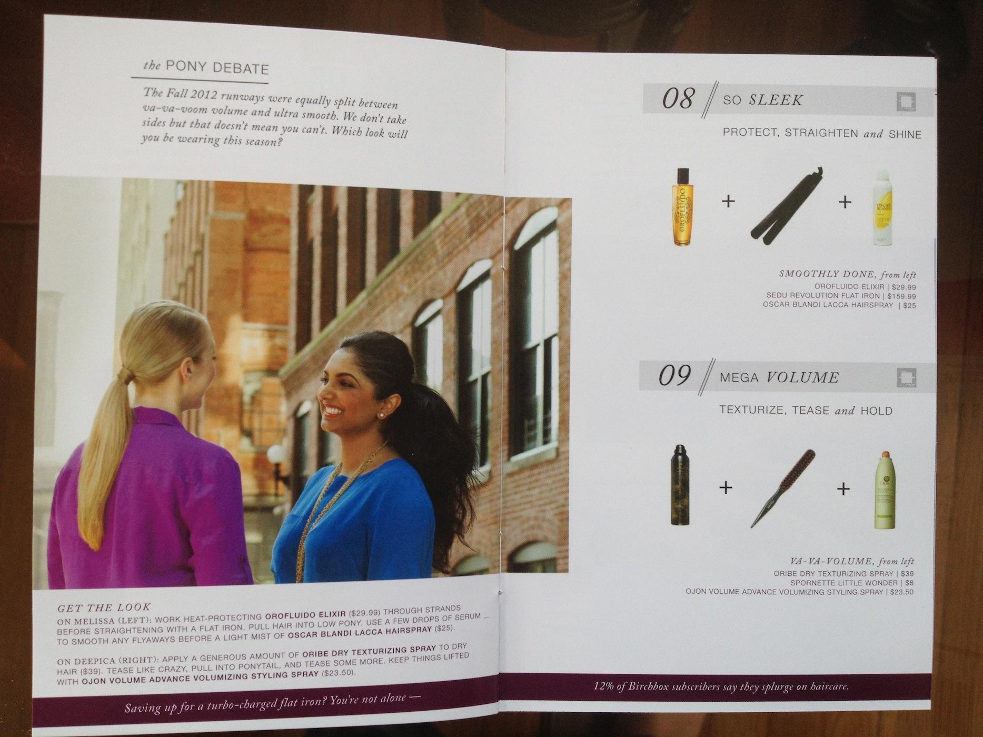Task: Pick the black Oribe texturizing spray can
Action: tap(680, 485)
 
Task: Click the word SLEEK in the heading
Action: tap(776, 100)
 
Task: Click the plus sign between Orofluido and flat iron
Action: tap(728, 202)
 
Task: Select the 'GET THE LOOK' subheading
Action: tap(104, 607)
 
